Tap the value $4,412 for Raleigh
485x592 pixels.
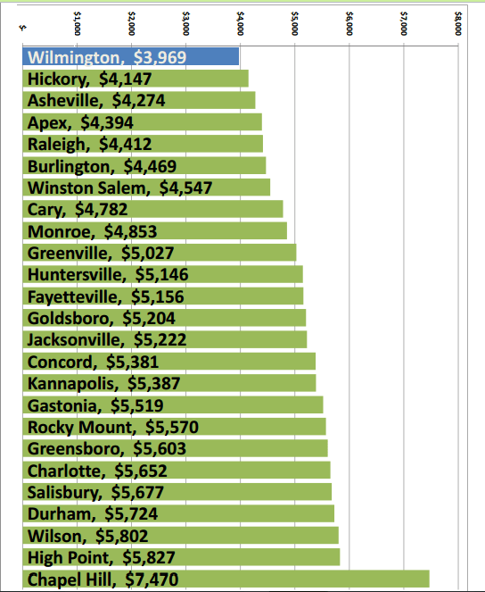(x=126, y=144)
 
